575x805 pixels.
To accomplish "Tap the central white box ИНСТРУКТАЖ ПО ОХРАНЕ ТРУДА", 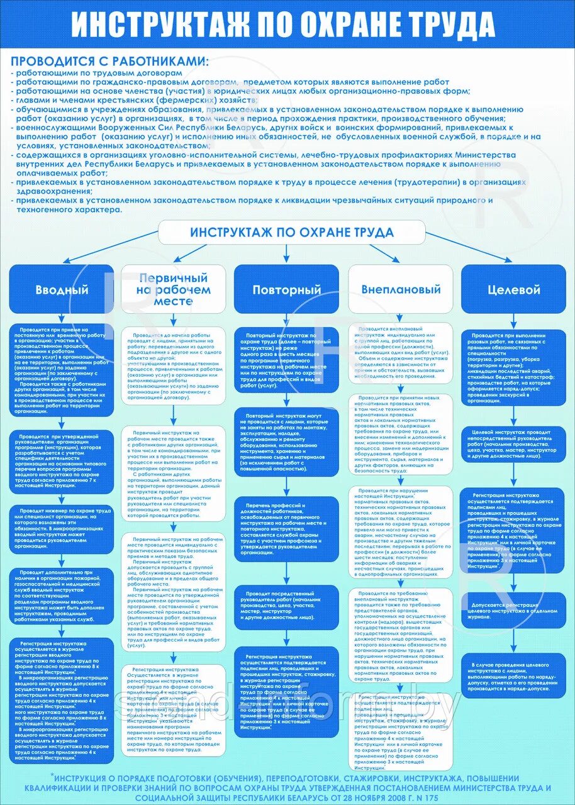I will [291, 233].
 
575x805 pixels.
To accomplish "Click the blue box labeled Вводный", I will [62, 290].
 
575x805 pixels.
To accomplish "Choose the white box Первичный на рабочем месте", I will [173, 289].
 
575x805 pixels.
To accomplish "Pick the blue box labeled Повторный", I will [286, 290].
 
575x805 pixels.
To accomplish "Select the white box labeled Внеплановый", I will [401, 290].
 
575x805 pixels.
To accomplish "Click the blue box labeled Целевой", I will [513, 290].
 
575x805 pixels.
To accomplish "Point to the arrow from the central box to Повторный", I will [287, 253].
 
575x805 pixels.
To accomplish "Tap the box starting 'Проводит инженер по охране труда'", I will [62, 528].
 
